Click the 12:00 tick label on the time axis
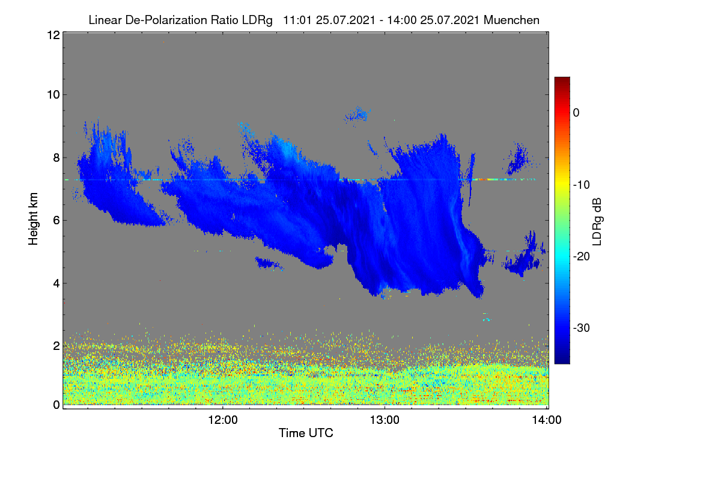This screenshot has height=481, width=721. point(223,420)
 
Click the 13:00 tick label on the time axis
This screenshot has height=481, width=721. point(385,420)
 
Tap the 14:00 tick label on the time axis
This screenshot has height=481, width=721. point(547,420)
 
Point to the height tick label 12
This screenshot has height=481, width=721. point(53,35)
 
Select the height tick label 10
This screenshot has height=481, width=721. point(53,95)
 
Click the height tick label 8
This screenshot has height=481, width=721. point(56,158)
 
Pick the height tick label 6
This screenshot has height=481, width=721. point(56,221)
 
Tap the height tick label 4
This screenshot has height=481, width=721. point(56,284)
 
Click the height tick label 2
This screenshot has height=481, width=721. point(56,346)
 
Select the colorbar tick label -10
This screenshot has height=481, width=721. point(582,185)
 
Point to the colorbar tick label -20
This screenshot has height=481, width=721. point(582,257)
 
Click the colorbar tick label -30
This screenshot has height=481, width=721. point(582,328)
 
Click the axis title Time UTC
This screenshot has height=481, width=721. point(306,433)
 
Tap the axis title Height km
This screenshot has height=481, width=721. point(33,219)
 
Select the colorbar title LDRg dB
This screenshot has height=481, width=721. point(597,222)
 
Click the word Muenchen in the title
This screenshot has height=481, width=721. point(511,20)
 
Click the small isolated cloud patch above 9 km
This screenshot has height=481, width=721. point(357,115)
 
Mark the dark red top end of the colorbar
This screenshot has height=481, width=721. point(562,78)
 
